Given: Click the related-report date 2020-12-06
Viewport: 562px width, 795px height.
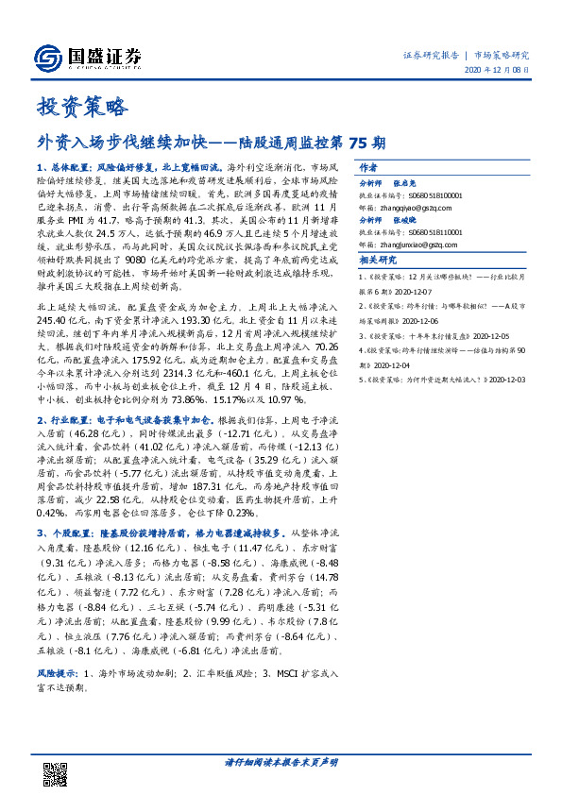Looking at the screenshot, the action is [x=425, y=320].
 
